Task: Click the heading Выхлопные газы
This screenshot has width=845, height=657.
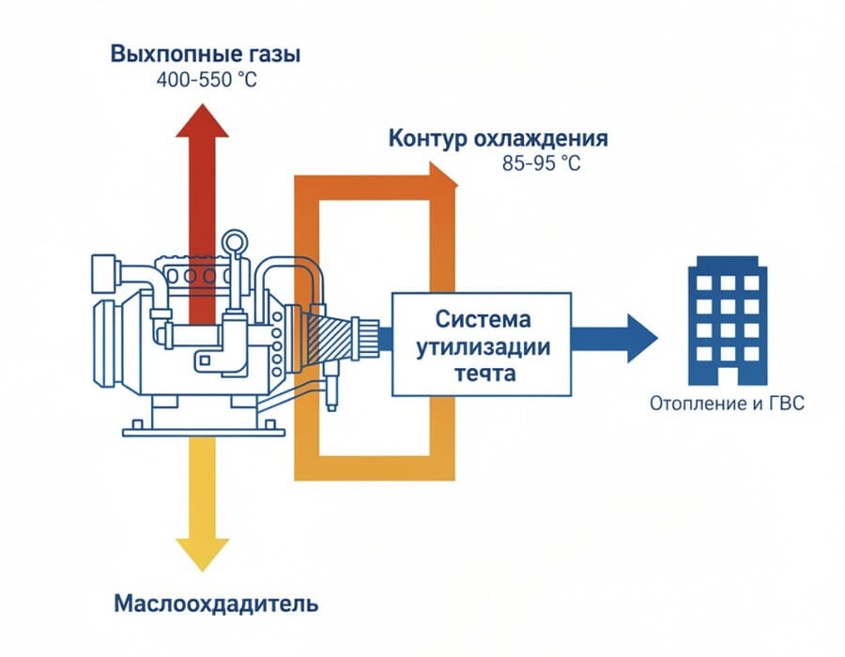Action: [206, 53]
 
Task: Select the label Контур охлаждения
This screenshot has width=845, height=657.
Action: [498, 139]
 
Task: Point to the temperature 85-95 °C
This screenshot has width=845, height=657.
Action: [542, 163]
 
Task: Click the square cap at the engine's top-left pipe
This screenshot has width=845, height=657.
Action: [102, 275]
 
